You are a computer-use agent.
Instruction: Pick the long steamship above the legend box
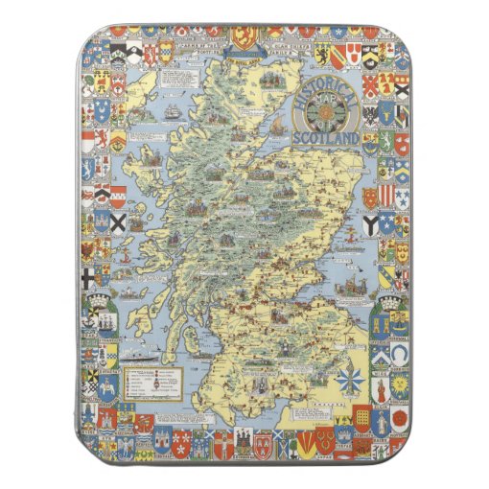[x=144, y=354]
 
